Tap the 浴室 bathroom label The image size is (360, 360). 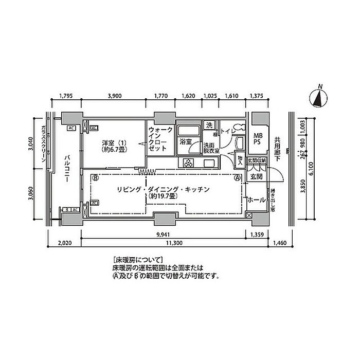coord(185,140)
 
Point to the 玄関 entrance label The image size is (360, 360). coord(256,177)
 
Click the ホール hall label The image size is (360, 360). coord(256,200)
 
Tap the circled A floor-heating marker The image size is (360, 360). coord(237,178)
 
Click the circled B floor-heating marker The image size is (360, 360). coord(95,178)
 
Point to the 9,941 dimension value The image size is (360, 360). coord(164,235)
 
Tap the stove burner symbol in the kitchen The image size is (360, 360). coord(188,164)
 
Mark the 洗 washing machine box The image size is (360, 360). coord(209,125)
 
